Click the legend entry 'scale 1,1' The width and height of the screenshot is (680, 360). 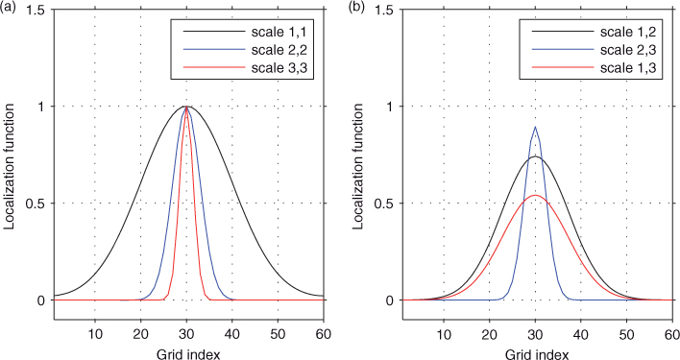279,32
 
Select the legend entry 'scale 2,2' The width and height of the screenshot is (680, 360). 279,50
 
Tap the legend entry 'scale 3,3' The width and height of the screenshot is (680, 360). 279,68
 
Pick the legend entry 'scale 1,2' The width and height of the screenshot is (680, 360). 627,32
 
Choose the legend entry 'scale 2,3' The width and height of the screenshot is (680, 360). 627,50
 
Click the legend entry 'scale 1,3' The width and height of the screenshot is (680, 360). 627,68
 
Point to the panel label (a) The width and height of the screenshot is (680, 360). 9,8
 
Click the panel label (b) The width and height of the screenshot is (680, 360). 357,8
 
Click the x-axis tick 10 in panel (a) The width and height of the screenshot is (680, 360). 95,334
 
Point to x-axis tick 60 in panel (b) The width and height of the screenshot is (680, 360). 671,334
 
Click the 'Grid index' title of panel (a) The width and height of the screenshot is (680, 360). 188,354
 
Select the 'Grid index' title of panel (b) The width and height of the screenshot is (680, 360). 537,354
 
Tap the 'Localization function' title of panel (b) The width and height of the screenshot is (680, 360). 358,165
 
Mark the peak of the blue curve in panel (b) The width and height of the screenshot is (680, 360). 536,127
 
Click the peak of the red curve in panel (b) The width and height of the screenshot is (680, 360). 536,196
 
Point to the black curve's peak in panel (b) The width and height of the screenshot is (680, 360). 536,156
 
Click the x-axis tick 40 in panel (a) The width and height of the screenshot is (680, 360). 232,334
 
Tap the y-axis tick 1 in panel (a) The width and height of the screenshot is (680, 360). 41,107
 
